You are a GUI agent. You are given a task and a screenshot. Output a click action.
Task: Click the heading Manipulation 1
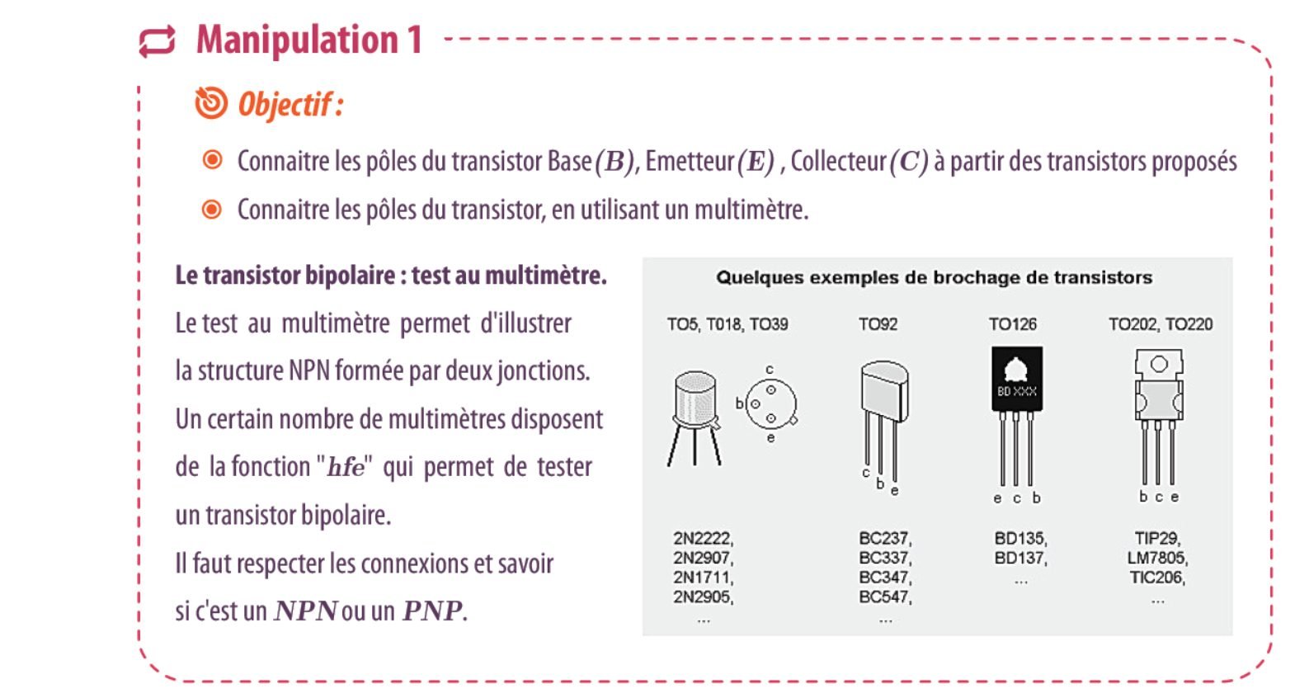click(x=309, y=40)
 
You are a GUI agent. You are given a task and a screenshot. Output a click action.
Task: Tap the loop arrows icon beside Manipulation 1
click(x=157, y=41)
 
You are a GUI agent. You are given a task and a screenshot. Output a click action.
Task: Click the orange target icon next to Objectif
click(x=211, y=103)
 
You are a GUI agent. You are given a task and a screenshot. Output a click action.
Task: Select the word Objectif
click(x=285, y=106)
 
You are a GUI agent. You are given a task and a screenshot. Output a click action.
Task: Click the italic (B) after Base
click(x=614, y=162)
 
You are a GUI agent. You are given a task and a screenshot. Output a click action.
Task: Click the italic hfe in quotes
click(x=346, y=467)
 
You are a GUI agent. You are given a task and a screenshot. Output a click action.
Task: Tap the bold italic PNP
click(x=432, y=611)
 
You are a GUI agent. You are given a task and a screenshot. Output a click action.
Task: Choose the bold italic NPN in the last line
click(x=305, y=611)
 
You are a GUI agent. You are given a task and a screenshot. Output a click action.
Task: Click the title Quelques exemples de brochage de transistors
click(x=935, y=278)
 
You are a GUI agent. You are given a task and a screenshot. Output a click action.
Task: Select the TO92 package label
click(x=878, y=324)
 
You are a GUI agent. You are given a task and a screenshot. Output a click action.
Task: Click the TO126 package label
click(x=1013, y=324)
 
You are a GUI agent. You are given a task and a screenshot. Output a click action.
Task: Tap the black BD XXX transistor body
click(x=1017, y=379)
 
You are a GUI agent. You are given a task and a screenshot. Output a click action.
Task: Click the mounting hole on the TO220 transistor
click(x=1159, y=364)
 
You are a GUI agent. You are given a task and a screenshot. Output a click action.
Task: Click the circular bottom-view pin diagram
click(x=771, y=404)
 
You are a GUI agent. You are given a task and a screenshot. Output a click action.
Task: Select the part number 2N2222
click(x=703, y=538)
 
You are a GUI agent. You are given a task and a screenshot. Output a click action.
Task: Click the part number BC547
click(x=885, y=597)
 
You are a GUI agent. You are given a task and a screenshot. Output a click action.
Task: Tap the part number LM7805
click(x=1157, y=558)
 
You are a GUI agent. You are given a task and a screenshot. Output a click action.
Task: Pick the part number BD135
click(x=1020, y=538)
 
